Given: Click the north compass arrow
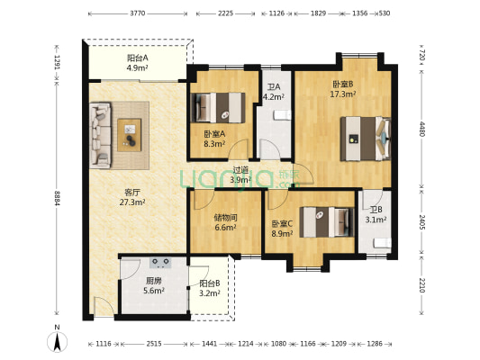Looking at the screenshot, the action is coord(57,342).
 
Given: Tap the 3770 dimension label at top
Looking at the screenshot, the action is coord(138,13).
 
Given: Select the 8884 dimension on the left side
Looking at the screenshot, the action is coord(57,198).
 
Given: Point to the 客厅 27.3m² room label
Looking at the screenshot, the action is coord(132,197).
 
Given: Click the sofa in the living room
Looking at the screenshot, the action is coord(100,135).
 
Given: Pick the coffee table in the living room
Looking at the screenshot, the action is coord(130,135).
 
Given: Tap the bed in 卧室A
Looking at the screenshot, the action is coord(218,108).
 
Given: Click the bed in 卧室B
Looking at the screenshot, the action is coord(366,139).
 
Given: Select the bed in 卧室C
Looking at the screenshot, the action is coord(327,222).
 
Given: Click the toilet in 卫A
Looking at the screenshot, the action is coord(282,115).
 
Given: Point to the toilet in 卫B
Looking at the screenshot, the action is coord(382,243).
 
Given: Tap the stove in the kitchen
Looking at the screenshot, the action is coord(160,263).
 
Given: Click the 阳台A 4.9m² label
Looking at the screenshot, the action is coord(138,62).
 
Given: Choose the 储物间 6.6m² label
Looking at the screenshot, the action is coord(225,222).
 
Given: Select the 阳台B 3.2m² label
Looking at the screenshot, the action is coord(210,288).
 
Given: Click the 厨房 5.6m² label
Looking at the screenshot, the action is coord(154,285).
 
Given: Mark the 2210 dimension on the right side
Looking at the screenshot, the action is coord(421,285).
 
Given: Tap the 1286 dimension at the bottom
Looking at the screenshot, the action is coord(375,344).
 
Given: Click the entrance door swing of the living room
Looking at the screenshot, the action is coord(104,307).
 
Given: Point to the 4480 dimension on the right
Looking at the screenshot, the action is coord(422,129).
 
